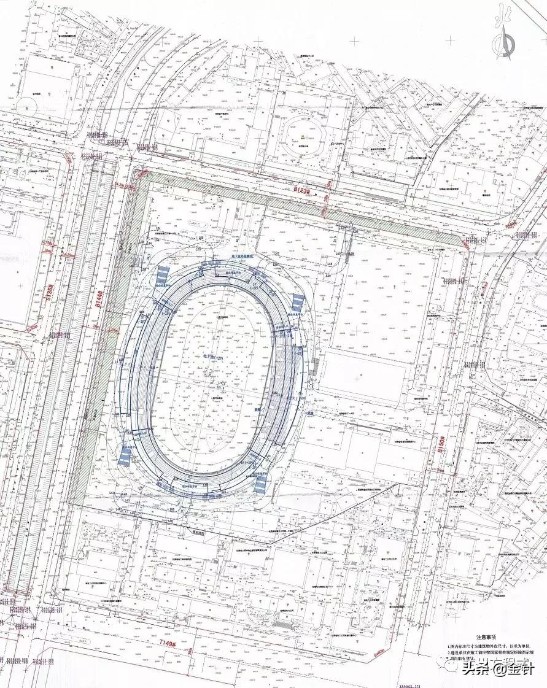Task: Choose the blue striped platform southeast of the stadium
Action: coord(260,485)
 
